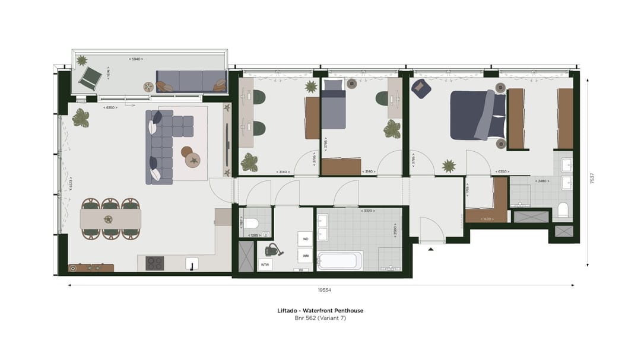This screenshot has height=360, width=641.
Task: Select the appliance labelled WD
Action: pos(306,239)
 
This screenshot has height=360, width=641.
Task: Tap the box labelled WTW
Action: pos(265,265)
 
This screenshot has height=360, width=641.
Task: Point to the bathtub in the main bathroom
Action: pos(339,260)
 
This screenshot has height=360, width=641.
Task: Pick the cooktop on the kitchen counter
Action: pos(155,263)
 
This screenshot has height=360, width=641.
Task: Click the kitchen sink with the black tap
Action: pos(192,263)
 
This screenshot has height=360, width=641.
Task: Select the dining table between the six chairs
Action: pos(111,219)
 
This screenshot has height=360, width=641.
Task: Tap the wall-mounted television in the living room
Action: pos(227,144)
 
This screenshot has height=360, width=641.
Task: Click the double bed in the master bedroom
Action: pos(476,114)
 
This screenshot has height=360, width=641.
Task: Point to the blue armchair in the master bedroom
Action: pos(420,88)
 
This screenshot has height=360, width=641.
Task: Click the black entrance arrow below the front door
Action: pos(431,249)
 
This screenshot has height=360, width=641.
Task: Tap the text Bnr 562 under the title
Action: pos(304,318)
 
